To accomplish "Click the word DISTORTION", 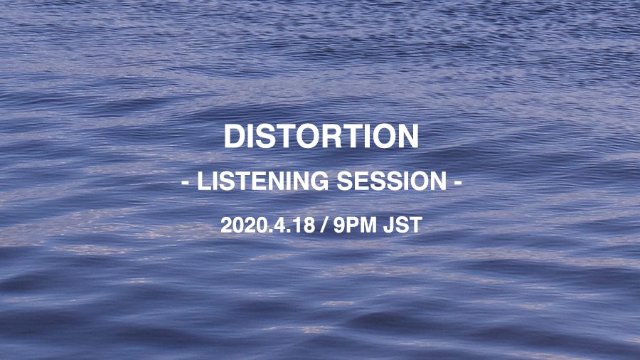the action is click(321, 136).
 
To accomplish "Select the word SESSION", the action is click(391, 181).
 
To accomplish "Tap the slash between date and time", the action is click(324, 226).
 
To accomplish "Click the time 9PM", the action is click(355, 226).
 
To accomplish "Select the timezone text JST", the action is click(402, 226).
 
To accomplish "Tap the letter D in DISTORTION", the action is click(234, 136).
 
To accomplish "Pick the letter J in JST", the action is click(388, 226).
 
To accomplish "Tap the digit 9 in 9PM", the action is click(338, 226).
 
